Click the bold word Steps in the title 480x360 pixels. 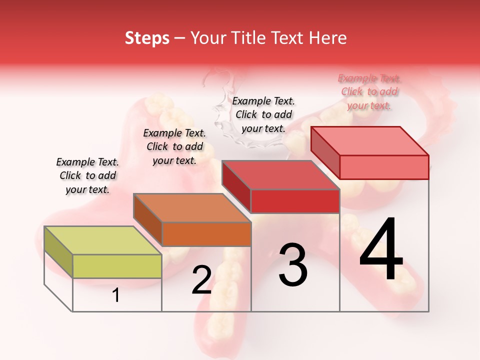pos(147,38)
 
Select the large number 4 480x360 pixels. pos(381,250)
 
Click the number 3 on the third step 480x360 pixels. pos(293,265)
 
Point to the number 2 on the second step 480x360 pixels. pos(201,280)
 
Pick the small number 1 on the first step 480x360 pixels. pos(116,295)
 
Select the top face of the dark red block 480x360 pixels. pos(280,175)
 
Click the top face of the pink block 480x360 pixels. pos(369,141)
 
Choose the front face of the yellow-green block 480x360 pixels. pos(117,266)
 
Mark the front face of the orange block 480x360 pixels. pos(206,234)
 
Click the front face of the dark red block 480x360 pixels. pos(295,201)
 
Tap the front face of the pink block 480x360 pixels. pos(384,167)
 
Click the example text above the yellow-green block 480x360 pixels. pos(87,175)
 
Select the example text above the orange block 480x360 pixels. pos(174,146)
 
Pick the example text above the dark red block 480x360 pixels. pos(263,114)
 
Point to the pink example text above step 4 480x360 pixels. pos(369,91)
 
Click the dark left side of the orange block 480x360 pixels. pos(148,220)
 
